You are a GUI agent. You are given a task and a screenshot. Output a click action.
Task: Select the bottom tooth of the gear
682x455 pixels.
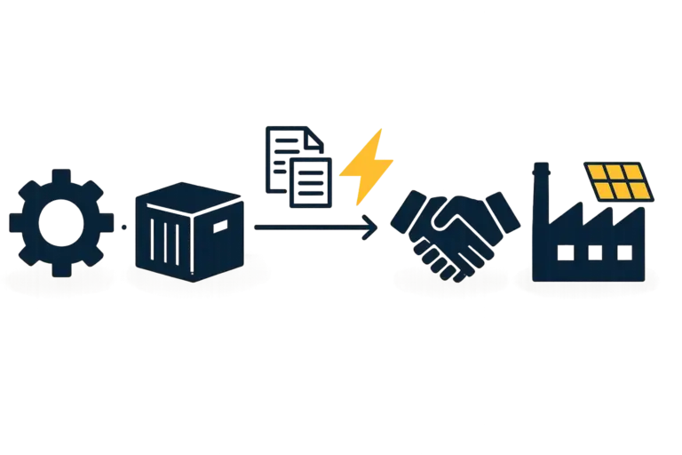tap(59, 267)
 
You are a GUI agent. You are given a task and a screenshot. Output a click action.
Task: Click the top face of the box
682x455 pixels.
tap(190, 195)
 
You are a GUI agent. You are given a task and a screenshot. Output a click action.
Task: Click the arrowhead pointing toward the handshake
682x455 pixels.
tap(372, 227)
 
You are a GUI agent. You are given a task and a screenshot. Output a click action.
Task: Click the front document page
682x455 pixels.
tap(312, 178)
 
